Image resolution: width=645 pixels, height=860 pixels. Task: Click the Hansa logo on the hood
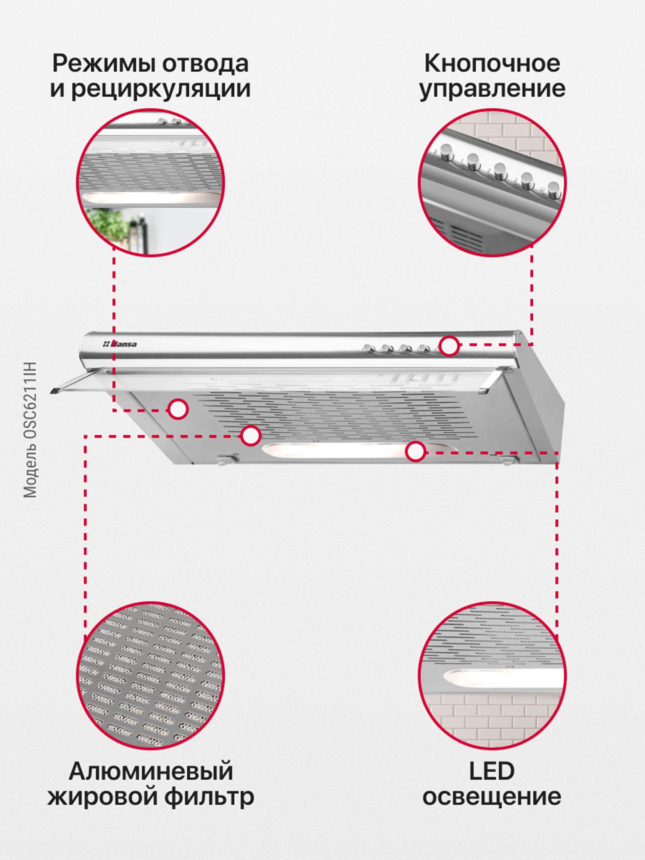[x=120, y=344]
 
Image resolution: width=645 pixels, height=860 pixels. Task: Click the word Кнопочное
[x=492, y=64]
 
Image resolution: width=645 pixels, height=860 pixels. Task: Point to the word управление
[x=492, y=89]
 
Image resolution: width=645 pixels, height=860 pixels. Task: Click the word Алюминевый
[x=151, y=772]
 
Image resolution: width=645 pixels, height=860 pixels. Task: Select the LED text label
[x=492, y=771]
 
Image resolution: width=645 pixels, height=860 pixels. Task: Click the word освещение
[x=492, y=797]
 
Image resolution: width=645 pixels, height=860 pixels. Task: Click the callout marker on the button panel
[x=449, y=346]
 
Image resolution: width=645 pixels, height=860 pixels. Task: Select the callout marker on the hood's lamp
[x=416, y=451]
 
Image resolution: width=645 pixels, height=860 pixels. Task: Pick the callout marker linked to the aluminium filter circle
[x=251, y=435]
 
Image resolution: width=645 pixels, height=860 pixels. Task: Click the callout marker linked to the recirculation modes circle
[x=178, y=409]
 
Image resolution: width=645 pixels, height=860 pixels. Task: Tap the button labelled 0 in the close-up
[x=447, y=153]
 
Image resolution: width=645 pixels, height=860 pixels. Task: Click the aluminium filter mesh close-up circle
[x=150, y=676]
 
